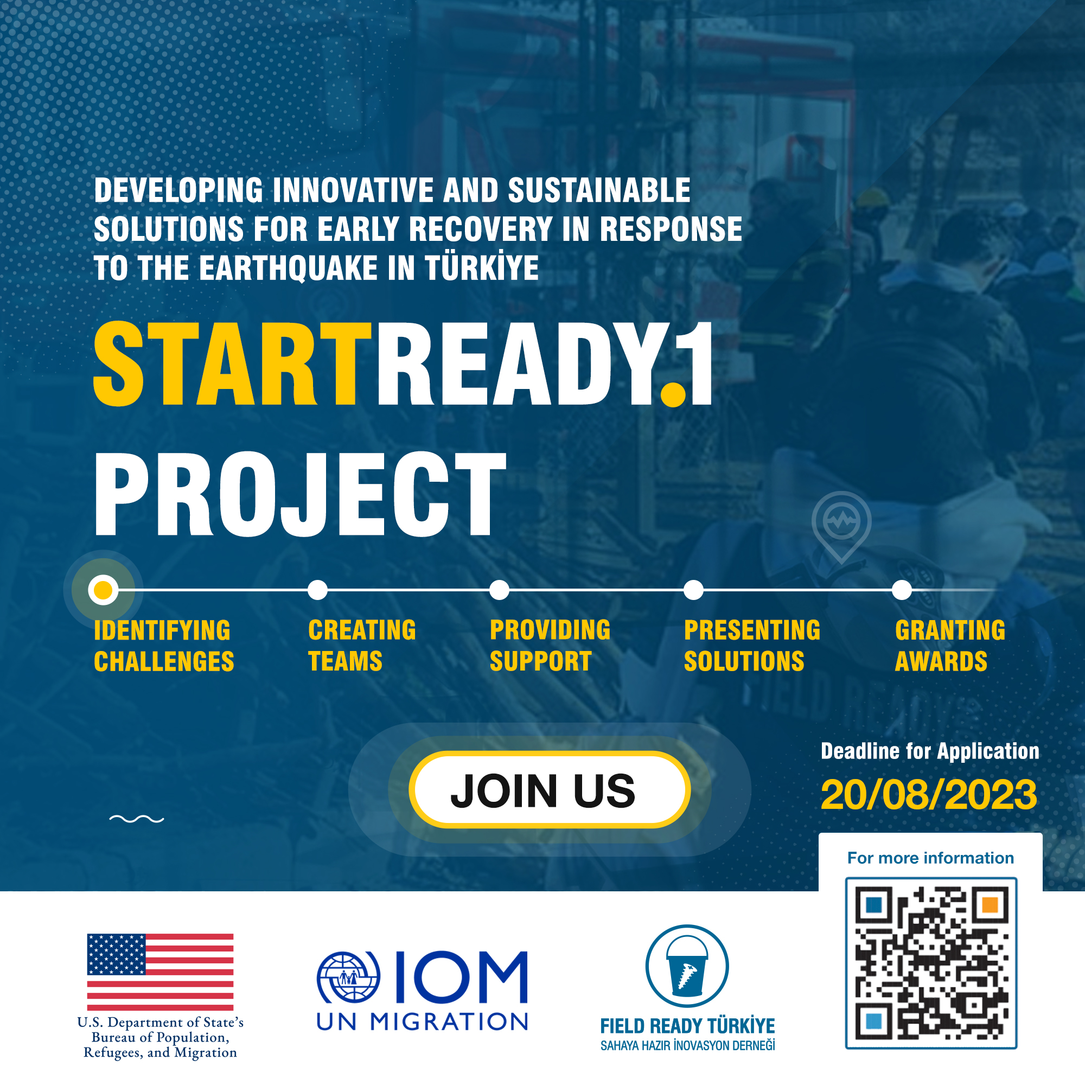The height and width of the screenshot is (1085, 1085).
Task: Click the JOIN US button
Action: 549,789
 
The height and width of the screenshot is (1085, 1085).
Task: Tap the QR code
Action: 931,963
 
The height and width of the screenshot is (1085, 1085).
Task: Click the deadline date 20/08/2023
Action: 929,795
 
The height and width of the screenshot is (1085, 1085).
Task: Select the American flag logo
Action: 160,972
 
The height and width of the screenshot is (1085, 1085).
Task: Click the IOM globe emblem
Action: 348,978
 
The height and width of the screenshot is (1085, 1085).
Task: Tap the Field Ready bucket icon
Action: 687,966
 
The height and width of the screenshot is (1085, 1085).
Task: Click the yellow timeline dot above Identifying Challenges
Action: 103,590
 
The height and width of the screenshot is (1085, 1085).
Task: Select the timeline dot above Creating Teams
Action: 318,590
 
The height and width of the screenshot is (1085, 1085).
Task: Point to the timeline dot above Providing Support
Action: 499,590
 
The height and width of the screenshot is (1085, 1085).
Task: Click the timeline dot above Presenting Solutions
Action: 693,590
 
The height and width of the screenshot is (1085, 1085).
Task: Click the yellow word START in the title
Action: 232,364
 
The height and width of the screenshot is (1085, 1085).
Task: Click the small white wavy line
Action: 137,819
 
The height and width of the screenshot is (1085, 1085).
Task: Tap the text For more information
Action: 930,858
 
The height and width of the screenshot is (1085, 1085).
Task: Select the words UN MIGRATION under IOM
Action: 422,1022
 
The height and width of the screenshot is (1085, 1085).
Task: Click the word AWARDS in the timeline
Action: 941,661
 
